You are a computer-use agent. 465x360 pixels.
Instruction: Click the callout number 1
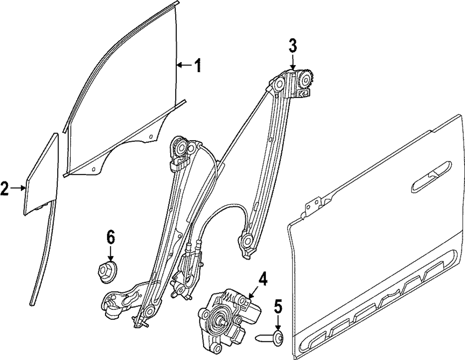pyautogui.click(x=198, y=65)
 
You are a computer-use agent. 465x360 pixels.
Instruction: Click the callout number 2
pyautogui.click(x=5, y=188)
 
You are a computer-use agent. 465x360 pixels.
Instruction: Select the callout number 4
pyautogui.click(x=263, y=280)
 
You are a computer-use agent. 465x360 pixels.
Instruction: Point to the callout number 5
pyautogui.click(x=278, y=307)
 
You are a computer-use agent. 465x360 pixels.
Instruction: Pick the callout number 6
pyautogui.click(x=110, y=237)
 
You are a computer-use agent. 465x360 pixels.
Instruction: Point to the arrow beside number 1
pyautogui.click(x=184, y=65)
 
